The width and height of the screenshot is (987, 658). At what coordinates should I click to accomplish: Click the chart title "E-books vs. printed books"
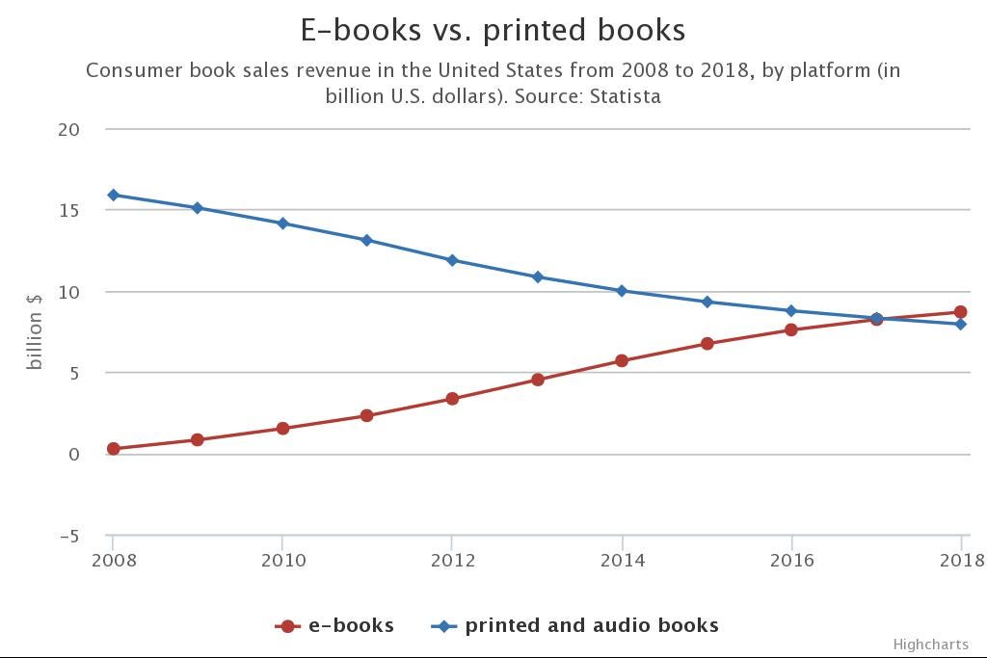(493, 30)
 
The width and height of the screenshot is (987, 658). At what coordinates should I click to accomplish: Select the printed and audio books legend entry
(575, 625)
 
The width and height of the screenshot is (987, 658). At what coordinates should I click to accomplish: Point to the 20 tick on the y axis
(67, 129)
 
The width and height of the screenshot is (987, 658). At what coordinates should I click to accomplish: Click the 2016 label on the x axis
(791, 560)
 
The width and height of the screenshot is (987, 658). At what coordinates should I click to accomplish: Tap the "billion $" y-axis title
(35, 329)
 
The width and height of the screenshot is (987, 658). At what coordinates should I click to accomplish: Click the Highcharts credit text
(930, 644)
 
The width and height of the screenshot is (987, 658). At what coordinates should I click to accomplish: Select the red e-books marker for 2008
(113, 449)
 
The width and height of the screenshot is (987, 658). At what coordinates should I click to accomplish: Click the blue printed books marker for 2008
(113, 196)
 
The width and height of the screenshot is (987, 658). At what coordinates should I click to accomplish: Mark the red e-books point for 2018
(961, 312)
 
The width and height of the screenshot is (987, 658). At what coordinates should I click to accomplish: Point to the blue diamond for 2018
(961, 325)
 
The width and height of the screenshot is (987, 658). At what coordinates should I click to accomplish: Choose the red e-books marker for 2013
(537, 380)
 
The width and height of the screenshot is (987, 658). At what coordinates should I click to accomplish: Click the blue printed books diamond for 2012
(452, 260)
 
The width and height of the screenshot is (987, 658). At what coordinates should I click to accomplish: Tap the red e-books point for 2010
(282, 429)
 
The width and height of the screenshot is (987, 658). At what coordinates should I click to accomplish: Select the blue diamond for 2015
(707, 302)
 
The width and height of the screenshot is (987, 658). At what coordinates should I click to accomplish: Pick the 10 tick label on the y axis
(67, 291)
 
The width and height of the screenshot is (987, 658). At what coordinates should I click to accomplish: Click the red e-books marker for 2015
(707, 344)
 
